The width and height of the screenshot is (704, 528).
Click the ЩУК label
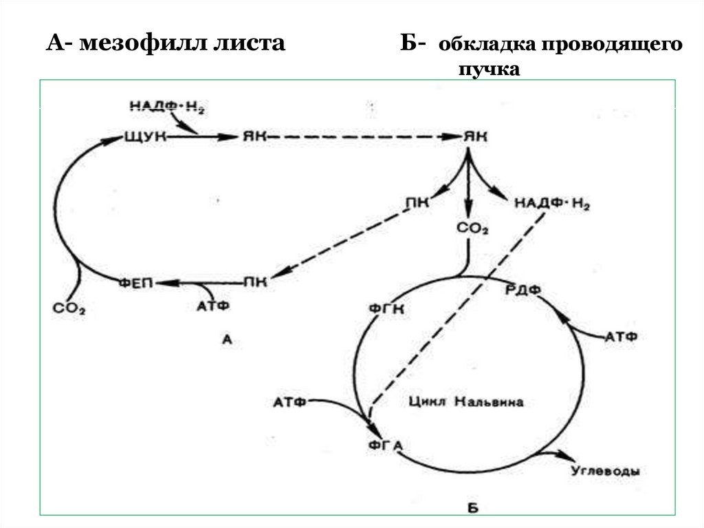(144, 137)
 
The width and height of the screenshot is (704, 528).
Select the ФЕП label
(136, 282)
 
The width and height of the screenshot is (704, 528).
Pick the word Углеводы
(606, 472)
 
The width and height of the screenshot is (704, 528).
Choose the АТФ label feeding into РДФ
(621, 336)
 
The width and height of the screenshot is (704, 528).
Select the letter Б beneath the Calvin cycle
(472, 509)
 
